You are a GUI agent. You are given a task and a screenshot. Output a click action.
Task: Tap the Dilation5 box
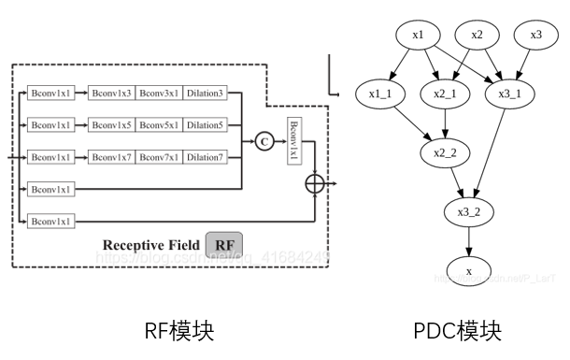pos(205,124)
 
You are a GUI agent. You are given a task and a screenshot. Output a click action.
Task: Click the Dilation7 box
pos(205,157)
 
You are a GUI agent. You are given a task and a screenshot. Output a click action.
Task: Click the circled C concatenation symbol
pos(264,141)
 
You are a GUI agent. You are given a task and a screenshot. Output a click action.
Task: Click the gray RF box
pos(224,245)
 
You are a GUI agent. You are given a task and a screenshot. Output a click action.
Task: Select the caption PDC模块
pos(457,330)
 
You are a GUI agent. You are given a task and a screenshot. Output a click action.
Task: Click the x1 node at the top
pos(418,36)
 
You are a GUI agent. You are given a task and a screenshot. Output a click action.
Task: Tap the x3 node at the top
pos(535,36)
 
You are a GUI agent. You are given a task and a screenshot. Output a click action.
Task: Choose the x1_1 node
pos(379,94)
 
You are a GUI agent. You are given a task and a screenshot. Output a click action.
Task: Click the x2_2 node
pos(444,152)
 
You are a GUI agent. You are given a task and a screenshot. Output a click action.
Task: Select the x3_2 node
pos(469,212)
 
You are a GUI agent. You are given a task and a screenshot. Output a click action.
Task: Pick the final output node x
pos(469,271)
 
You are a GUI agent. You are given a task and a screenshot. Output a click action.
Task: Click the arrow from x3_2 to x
pos(469,241)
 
